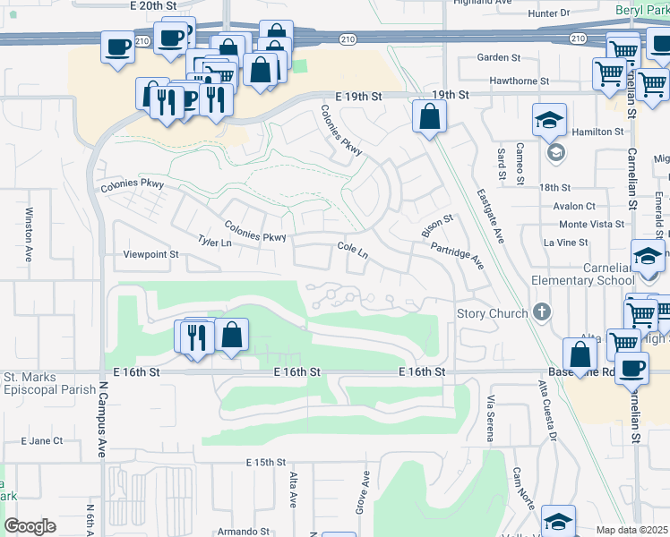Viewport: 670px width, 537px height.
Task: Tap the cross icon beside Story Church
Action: (540, 312)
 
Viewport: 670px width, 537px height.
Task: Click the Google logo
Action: (30, 526)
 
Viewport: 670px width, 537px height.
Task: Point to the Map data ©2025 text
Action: (631, 530)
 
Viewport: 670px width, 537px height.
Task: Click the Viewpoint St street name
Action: (151, 254)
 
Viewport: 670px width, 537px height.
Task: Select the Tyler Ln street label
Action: (215, 243)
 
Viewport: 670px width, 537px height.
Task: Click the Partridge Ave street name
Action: (457, 256)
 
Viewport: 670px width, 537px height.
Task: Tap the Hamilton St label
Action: (597, 132)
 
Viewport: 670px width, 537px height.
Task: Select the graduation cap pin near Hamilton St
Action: (549, 120)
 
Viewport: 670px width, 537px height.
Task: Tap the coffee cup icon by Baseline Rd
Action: (633, 368)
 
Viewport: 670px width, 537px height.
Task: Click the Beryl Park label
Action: (640, 10)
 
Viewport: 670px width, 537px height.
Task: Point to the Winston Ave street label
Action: (29, 234)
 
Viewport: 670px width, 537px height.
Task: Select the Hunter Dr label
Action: (549, 13)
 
